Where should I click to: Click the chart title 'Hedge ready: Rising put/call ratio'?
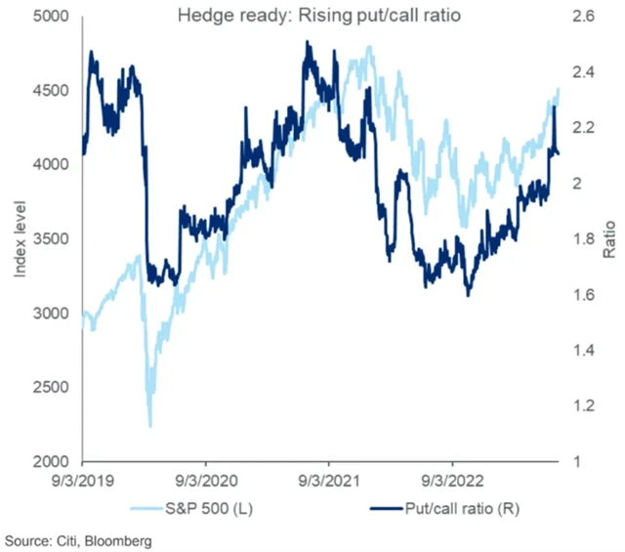pyautogui.click(x=312, y=16)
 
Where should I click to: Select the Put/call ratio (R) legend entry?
pyautogui.click(x=438, y=509)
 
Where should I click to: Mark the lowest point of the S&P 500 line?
pyautogui.click(x=149, y=427)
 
